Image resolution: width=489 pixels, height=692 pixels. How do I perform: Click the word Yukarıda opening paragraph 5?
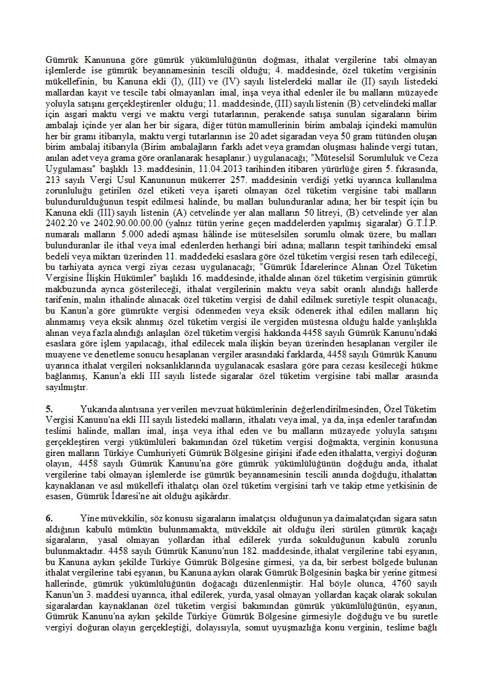click(99, 408)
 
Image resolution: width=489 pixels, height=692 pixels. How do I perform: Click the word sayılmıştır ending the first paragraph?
click(68, 388)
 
